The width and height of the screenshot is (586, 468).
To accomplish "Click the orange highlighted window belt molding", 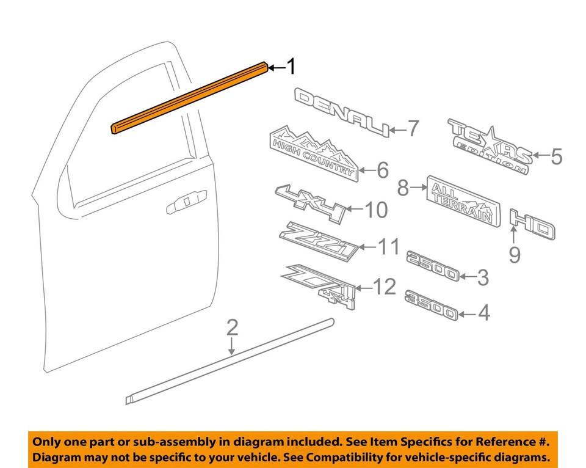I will pos(189,98).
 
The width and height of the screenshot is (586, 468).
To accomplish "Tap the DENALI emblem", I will pos(342,112).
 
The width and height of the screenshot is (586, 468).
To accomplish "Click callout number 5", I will pos(555,157).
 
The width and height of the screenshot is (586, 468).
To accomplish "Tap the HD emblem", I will pos(532,225).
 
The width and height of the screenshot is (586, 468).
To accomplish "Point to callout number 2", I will pos(232,328).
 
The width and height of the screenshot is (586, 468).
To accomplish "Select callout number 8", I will pos(403,188).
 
